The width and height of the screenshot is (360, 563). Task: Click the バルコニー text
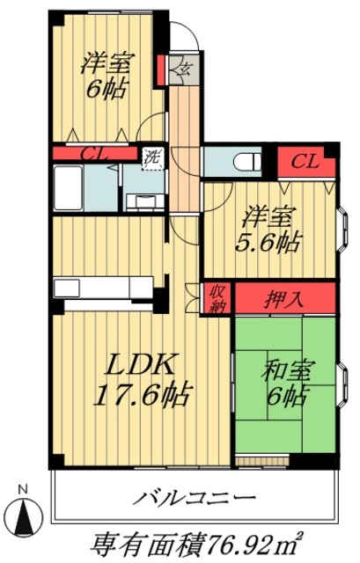coord(195,499)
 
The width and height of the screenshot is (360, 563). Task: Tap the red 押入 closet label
coord(284,298)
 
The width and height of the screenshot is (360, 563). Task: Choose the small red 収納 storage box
coord(217,298)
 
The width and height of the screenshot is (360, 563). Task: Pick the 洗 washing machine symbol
coord(153,160)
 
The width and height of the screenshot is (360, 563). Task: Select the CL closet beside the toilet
coord(305,160)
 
